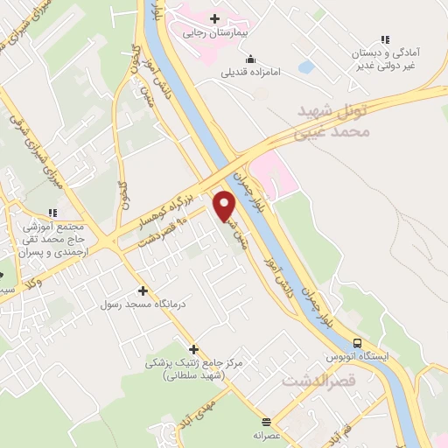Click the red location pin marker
224,205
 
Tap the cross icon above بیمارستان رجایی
213,18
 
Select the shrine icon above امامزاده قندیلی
251,59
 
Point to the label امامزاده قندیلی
250,73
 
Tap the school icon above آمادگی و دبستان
384,38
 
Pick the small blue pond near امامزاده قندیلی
305,66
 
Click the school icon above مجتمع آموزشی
53,212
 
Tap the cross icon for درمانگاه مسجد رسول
143,290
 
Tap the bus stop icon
357,343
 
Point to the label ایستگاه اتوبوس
357,358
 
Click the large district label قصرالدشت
318,382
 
